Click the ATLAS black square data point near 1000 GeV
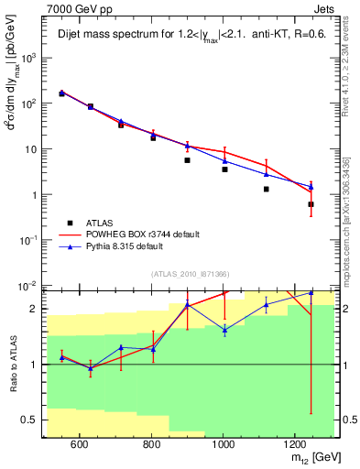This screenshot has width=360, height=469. [x=224, y=169]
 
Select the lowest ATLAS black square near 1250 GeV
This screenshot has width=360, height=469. [x=311, y=204]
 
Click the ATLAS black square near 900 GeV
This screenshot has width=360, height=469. [x=187, y=160]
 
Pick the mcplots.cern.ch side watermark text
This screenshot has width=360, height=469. [x=348, y=211]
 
